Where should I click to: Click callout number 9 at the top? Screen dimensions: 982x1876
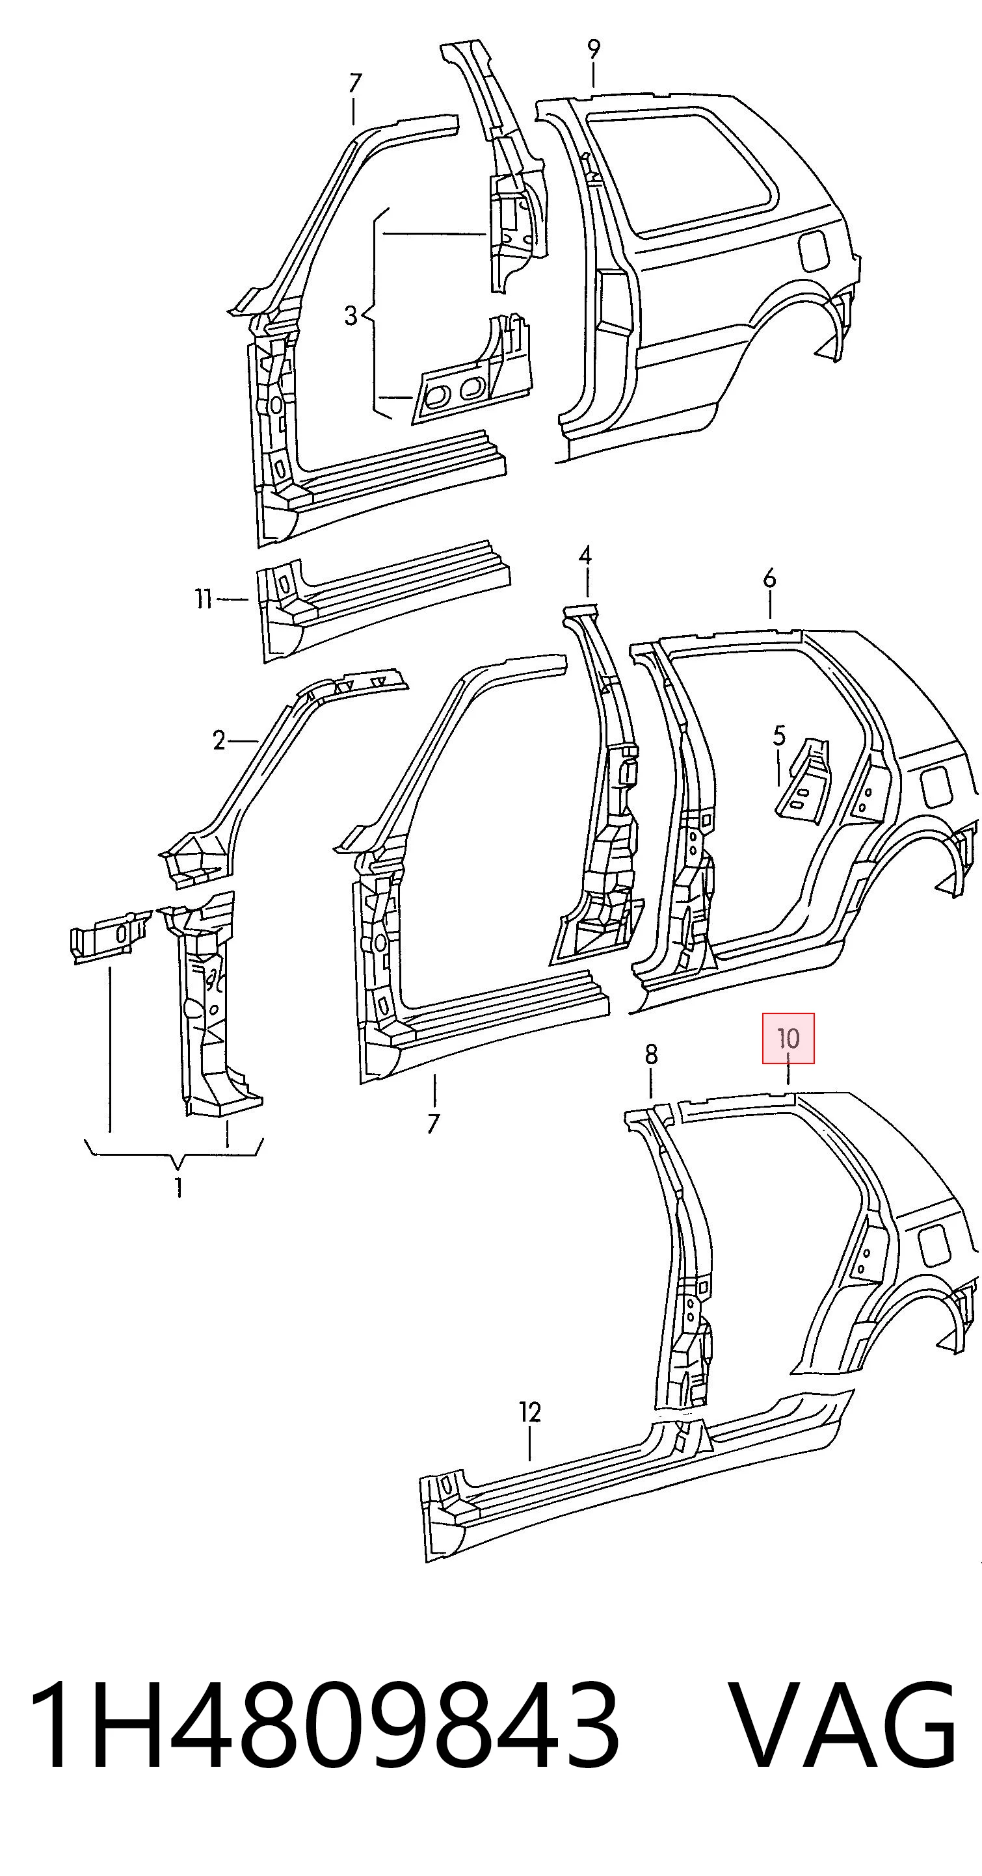(594, 50)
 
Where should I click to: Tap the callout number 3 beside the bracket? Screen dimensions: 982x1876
(351, 315)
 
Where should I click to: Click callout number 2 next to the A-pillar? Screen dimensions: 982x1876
(219, 740)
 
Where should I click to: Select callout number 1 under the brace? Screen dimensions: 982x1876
(178, 1188)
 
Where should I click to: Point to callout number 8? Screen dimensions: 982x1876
(651, 1054)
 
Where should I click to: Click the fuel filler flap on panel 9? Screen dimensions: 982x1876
(813, 250)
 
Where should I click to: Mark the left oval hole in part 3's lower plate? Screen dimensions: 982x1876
(438, 394)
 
